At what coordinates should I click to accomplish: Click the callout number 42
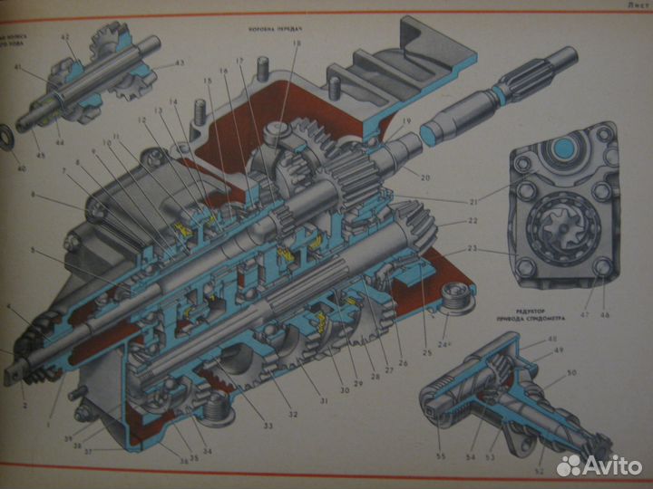[64, 37]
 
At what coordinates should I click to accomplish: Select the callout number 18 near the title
[297, 43]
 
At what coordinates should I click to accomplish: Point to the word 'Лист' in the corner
[636, 6]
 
